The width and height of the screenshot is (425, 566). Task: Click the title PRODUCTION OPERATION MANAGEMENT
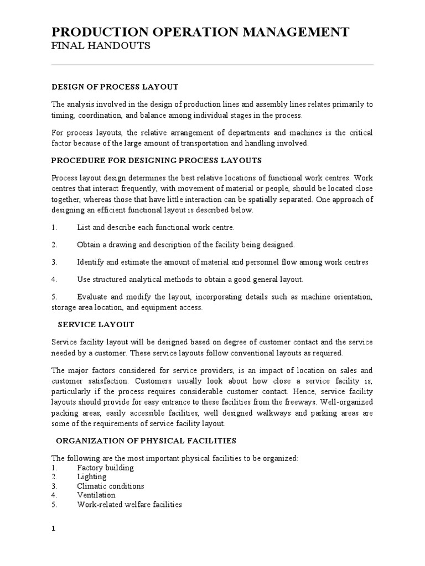pyautogui.click(x=200, y=32)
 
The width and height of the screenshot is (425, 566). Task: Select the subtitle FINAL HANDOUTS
pyautogui.click(x=101, y=46)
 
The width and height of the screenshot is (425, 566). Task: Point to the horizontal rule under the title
pyautogui.click(x=212, y=65)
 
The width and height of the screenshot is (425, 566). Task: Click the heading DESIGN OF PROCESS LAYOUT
pyautogui.click(x=115, y=87)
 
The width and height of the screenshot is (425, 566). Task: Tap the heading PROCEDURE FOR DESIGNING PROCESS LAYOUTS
pyautogui.click(x=156, y=160)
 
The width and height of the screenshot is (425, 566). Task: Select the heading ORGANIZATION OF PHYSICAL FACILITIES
pyautogui.click(x=147, y=441)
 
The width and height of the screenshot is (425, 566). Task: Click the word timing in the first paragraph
pyautogui.click(x=62, y=116)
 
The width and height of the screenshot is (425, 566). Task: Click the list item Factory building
pyautogui.click(x=105, y=468)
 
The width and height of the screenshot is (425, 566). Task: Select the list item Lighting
pyautogui.click(x=92, y=477)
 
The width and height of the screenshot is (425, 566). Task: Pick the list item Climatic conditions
pyautogui.click(x=111, y=486)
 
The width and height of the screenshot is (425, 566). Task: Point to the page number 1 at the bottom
pyautogui.click(x=54, y=528)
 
